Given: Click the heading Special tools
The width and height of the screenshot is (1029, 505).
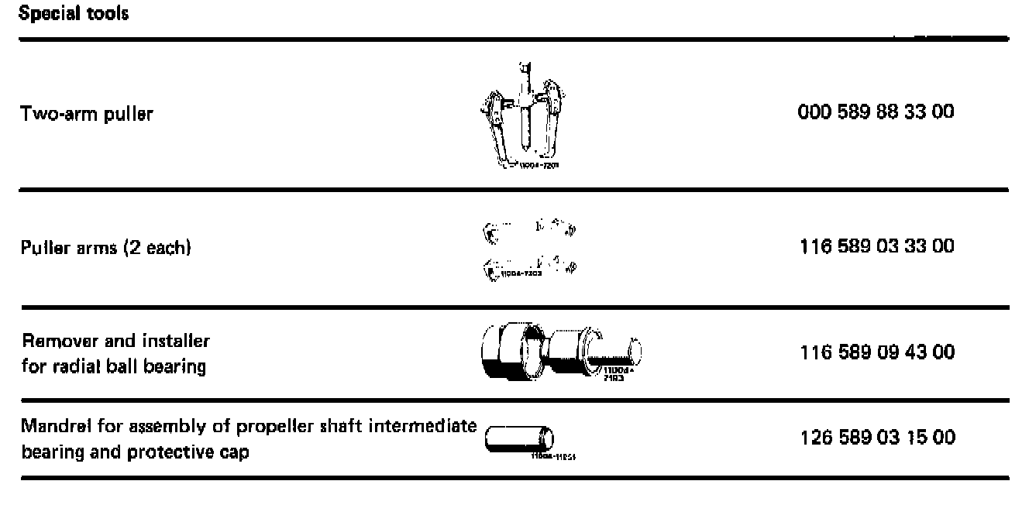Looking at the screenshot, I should [74, 14].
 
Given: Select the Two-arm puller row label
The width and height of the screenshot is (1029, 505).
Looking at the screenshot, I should [87, 114].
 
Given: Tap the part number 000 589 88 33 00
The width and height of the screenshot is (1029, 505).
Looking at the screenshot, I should [876, 112].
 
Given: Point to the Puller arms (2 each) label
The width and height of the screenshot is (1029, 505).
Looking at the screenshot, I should [106, 249].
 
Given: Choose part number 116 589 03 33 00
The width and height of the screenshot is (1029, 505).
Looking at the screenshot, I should [877, 246].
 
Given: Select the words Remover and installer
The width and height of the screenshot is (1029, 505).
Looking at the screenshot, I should [116, 341].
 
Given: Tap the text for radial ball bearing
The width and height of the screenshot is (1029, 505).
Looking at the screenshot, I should [114, 366].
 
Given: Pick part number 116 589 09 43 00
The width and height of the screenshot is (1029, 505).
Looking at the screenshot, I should [877, 352].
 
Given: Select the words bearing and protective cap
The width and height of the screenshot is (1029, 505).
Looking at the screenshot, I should [136, 452].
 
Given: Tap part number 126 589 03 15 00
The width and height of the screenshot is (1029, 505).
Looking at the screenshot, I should [877, 438].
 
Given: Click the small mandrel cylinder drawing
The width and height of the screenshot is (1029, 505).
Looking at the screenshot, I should [518, 439].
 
